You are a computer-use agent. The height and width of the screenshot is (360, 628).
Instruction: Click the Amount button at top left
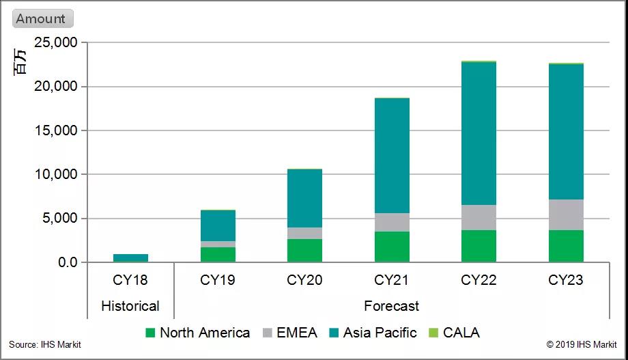click(42, 18)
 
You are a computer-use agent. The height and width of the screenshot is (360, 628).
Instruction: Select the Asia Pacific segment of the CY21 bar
click(392, 156)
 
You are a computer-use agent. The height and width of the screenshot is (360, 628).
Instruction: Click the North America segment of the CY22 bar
click(479, 246)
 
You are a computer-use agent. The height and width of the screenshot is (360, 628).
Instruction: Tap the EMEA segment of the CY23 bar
click(566, 214)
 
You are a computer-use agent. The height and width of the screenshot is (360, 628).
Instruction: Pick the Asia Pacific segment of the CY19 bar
click(218, 225)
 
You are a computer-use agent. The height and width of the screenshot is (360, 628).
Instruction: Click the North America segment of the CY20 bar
click(304, 250)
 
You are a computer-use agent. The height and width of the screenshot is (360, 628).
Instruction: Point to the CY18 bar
click(130, 258)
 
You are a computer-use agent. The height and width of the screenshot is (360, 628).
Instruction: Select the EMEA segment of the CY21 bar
click(392, 222)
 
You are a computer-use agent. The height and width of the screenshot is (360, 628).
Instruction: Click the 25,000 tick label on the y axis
click(55, 43)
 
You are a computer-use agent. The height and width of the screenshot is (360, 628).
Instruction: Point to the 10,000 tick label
click(55, 175)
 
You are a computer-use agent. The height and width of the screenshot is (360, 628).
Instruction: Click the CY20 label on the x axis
click(304, 280)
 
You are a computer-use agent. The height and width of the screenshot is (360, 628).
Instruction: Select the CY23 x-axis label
click(566, 280)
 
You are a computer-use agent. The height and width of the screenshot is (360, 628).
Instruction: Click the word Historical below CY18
click(130, 305)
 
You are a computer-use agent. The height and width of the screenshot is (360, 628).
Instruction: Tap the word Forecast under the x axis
click(392, 305)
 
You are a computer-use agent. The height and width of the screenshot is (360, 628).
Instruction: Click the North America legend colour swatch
click(151, 333)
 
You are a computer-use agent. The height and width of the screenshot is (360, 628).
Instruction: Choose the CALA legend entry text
click(461, 333)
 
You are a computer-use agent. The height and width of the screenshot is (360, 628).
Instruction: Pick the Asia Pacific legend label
click(380, 333)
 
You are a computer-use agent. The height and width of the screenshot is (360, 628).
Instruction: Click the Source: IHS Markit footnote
click(45, 345)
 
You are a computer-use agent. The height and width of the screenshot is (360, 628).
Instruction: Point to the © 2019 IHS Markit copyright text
click(582, 345)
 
